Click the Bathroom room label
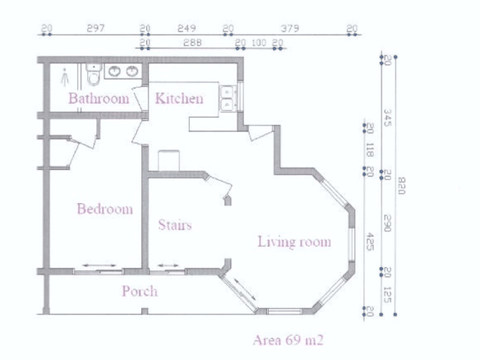(x=99, y=99)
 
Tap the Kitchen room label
(x=179, y=99)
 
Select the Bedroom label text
(x=105, y=209)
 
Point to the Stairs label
(x=175, y=225)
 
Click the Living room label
(x=294, y=242)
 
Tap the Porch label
(x=140, y=291)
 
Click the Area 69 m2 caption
(x=288, y=340)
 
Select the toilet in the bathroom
(x=94, y=74)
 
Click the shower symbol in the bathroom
(x=65, y=77)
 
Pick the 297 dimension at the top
(x=95, y=29)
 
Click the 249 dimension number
(x=187, y=29)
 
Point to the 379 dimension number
(x=289, y=29)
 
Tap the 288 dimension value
(x=192, y=43)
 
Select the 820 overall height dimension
(x=402, y=186)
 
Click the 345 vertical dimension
(x=388, y=118)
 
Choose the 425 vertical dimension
(x=371, y=242)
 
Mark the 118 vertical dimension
(x=370, y=150)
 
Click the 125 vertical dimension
(x=388, y=294)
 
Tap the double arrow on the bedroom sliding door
(x=99, y=265)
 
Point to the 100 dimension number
(x=259, y=43)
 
